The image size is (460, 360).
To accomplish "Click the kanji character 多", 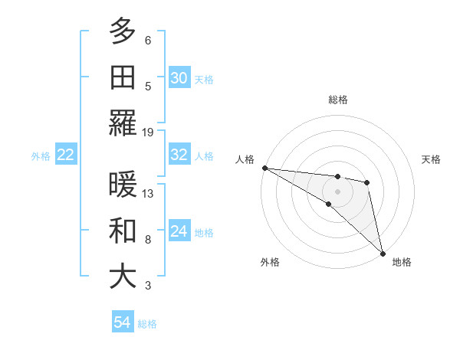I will coord(123,31).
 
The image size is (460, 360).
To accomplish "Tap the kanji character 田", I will coord(123,77).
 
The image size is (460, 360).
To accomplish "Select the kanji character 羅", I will coord(123,123).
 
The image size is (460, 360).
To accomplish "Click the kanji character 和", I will coord(123,231).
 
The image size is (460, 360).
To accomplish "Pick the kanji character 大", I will coord(123,277).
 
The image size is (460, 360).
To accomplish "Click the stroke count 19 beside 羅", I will coord(148,133).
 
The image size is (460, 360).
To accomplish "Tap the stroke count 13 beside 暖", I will coord(148,194).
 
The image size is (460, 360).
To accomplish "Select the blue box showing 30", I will coord(179,78).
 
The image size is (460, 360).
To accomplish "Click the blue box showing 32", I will coord(179,155).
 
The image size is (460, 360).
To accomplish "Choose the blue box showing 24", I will coord(179,231).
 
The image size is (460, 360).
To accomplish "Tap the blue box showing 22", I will coord(66,155).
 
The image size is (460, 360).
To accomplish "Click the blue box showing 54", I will coord(123,323).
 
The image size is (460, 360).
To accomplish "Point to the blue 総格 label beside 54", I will coord(148,324).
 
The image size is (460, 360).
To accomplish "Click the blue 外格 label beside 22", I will coord(41,156).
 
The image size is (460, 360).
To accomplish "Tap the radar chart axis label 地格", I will coord(402,262).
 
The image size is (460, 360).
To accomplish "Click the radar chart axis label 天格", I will coord(431,159).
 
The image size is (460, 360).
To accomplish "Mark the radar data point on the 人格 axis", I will coord(264,168).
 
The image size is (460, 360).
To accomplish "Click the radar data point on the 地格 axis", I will coord(382,252).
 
